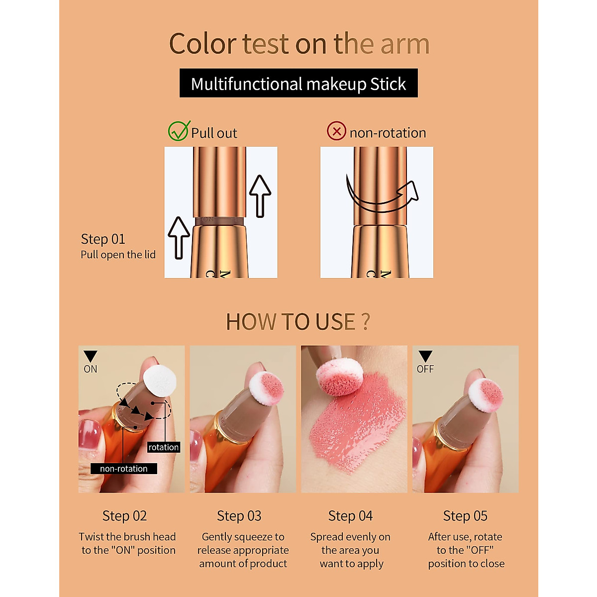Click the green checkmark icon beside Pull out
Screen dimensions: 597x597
tap(178, 131)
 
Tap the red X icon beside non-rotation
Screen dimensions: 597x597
tap(336, 131)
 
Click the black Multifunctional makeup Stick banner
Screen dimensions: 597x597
tap(298, 84)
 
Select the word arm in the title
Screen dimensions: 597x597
tap(404, 44)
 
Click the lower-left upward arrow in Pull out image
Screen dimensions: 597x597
tap(179, 237)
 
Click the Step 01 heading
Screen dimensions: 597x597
tap(103, 239)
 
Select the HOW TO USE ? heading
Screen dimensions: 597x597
tap(298, 322)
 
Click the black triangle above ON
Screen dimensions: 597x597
tap(91, 356)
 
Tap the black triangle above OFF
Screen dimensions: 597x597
tap(425, 356)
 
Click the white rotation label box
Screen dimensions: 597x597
tap(163, 447)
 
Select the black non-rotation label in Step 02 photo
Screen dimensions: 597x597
tap(123, 469)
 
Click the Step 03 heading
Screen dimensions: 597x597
tap(239, 516)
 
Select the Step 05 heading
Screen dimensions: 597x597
tap(465, 516)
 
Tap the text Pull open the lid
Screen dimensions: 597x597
tap(118, 255)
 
